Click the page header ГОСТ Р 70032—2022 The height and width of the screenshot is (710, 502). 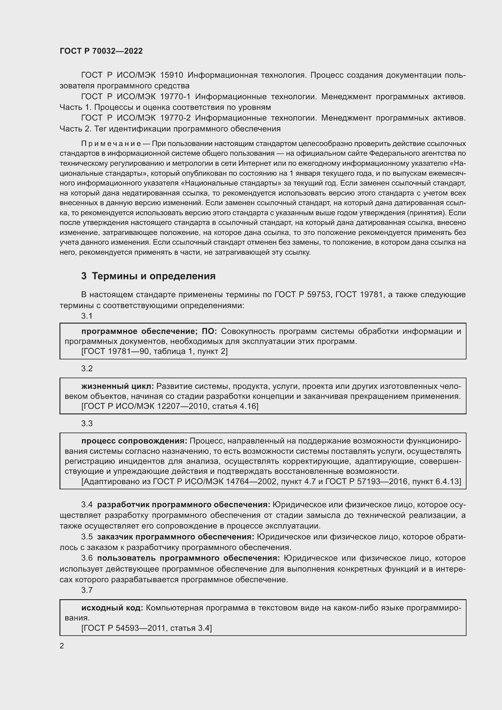coord(101,51)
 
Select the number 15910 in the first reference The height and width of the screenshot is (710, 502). coord(171,75)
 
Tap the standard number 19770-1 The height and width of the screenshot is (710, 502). coord(175,97)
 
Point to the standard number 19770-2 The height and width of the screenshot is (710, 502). coord(175,118)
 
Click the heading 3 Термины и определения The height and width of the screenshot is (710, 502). coord(148,276)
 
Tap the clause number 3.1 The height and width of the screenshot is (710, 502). coord(87,316)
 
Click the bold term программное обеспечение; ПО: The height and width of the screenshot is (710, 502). coord(149,331)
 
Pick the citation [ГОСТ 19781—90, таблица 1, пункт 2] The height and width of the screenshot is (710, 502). coord(154,351)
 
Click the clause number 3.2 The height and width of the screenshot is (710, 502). coord(87,368)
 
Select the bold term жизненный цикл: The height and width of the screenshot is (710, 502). coord(117,386)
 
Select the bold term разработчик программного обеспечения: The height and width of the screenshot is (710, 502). coord(184,505)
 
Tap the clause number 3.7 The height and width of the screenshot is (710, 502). coord(87,590)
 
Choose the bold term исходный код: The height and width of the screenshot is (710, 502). coord(112,608)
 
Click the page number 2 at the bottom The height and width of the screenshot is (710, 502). coord(62,646)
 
